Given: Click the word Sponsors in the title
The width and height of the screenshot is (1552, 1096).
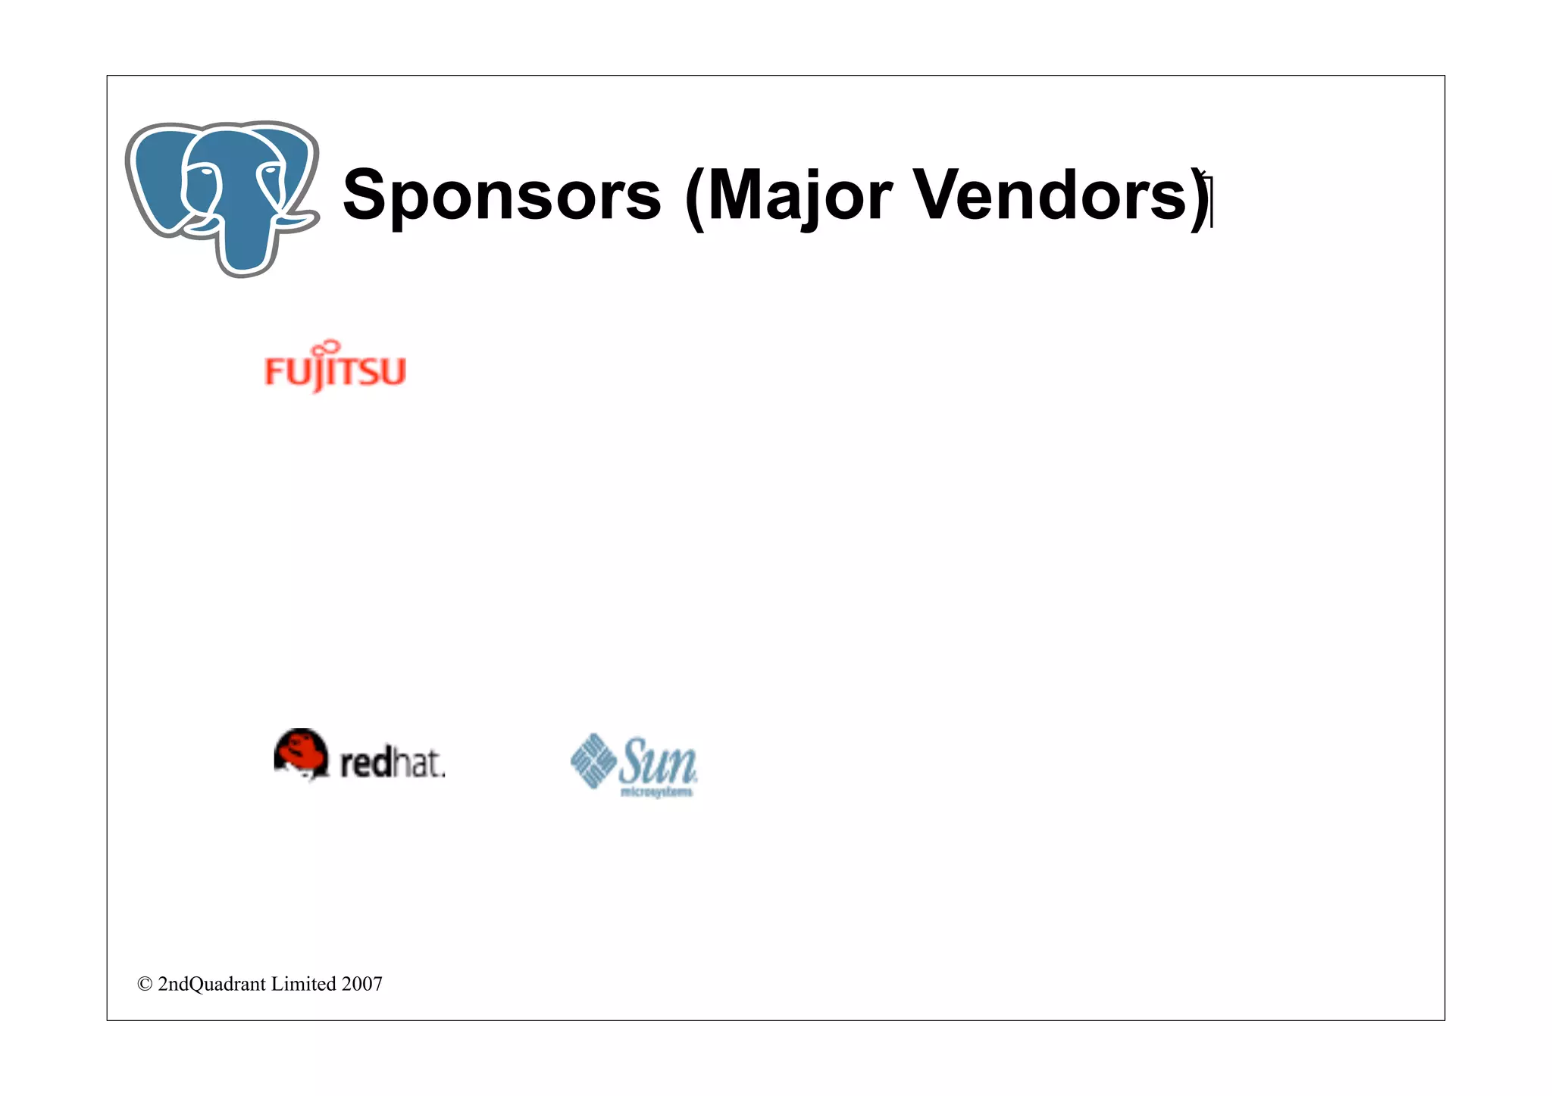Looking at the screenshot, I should pyautogui.click(x=502, y=195).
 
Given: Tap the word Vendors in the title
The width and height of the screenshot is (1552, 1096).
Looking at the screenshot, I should pyautogui.click(x=1050, y=195).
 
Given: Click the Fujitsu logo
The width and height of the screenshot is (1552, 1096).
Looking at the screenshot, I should pyautogui.click(x=335, y=369).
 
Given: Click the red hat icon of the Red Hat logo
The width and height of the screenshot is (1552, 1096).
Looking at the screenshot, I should pyautogui.click(x=301, y=753).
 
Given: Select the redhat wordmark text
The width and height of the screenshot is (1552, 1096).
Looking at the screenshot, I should pyautogui.click(x=392, y=762).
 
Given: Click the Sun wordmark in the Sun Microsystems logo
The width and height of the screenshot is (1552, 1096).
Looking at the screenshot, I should pyautogui.click(x=656, y=761).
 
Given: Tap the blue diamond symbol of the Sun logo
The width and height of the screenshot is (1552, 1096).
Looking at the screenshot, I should pyautogui.click(x=593, y=760).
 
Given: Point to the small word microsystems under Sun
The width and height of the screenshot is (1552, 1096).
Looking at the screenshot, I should pyautogui.click(x=656, y=792).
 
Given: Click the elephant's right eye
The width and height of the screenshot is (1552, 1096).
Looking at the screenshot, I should pyautogui.click(x=270, y=173).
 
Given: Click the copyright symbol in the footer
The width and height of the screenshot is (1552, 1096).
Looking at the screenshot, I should pyautogui.click(x=145, y=984).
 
